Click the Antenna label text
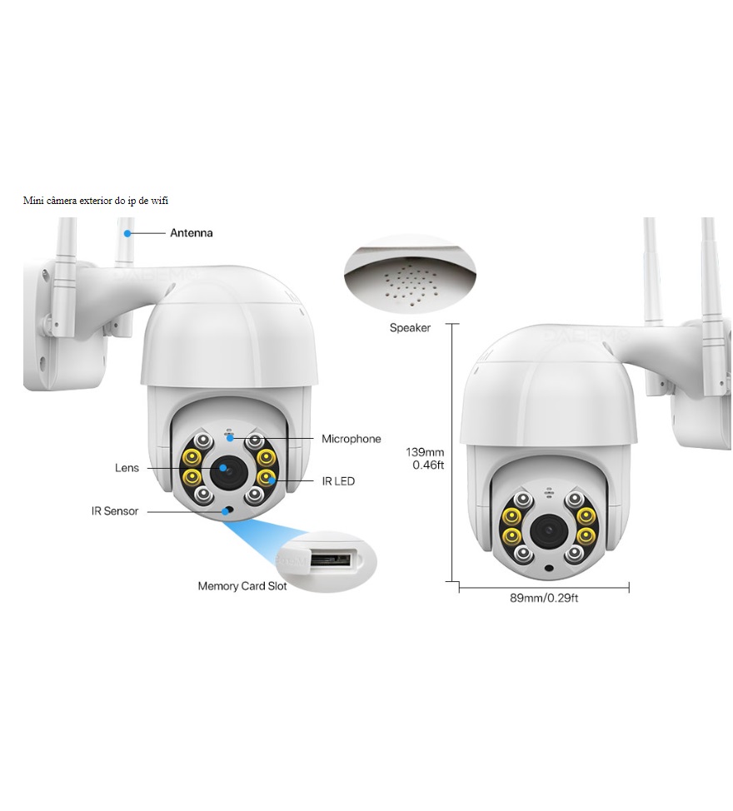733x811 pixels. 192,233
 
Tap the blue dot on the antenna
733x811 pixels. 127,233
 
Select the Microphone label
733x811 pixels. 352,439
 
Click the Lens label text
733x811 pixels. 127,468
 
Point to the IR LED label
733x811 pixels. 338,481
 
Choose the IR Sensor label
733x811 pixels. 115,511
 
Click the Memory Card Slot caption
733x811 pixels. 242,586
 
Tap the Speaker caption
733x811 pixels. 410,328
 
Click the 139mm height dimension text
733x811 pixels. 425,452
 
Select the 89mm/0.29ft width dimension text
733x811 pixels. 544,599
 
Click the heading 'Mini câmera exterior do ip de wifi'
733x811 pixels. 96,201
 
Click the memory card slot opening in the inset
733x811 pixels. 331,560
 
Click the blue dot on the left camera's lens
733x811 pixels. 223,468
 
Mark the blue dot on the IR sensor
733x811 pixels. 226,511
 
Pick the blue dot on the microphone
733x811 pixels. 230,438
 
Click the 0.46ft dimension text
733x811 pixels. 428,465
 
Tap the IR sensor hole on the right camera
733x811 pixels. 549,568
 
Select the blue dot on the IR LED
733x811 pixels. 272,481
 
